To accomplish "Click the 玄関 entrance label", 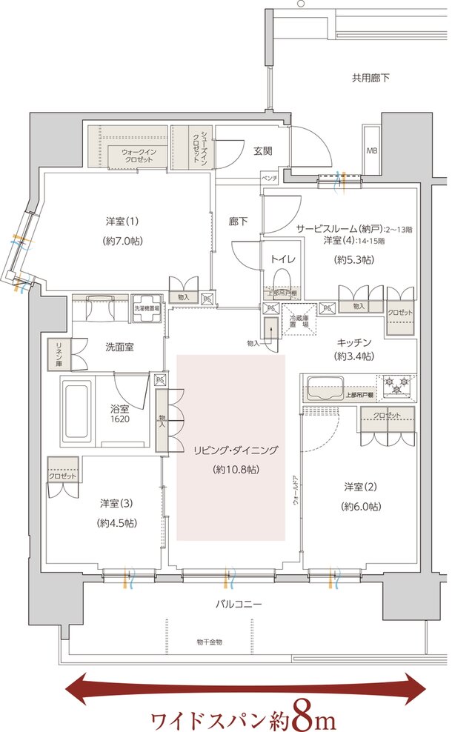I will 263,151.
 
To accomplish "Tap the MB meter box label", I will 371,150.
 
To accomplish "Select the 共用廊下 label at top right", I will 370,78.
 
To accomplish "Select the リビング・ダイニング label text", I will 230,450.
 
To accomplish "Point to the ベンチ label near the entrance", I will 269,180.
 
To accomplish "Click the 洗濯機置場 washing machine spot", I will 147,309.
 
